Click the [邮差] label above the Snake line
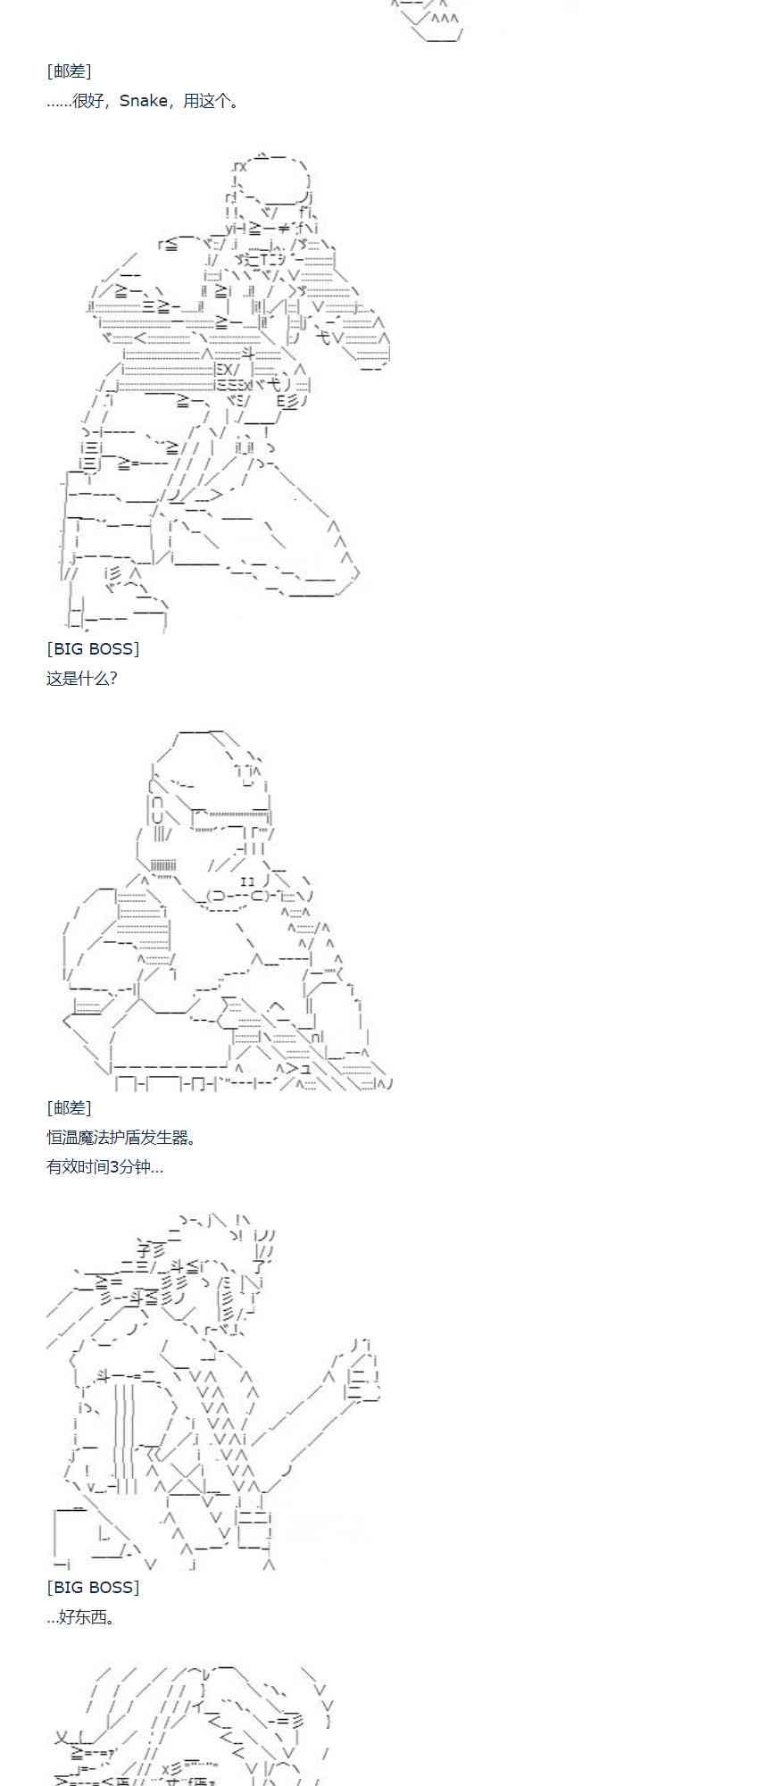tap(69, 71)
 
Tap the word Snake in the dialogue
tap(143, 101)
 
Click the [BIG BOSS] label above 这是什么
tap(93, 649)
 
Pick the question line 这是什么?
tap(82, 679)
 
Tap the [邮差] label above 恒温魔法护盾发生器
tap(69, 1108)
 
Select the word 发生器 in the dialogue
tap(167, 1138)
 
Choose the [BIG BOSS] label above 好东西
tap(93, 1588)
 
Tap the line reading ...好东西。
tap(81, 1617)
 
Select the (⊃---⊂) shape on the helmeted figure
tap(237, 896)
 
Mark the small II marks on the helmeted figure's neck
tap(248, 881)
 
